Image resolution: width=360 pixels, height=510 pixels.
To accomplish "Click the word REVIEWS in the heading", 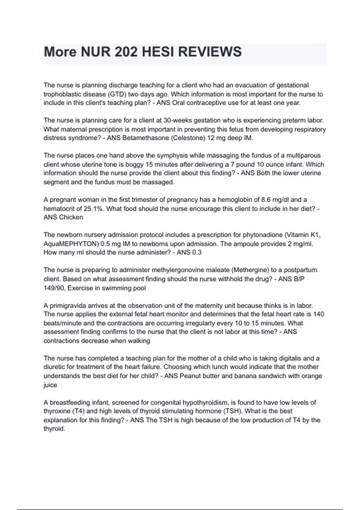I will click(210, 52).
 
